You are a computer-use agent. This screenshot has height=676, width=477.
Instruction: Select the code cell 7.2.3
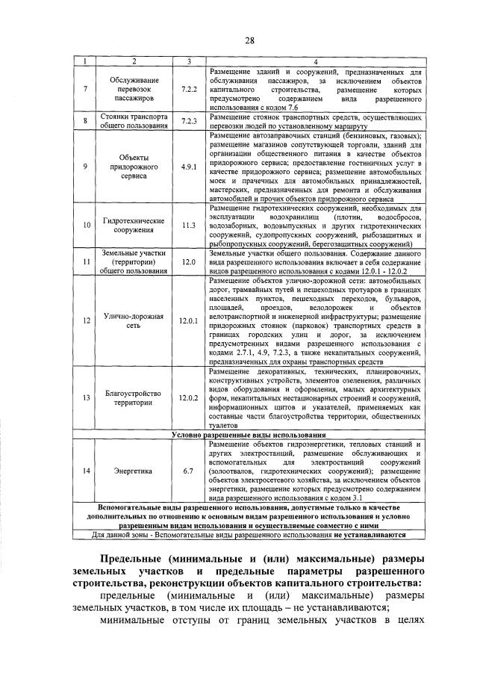tap(188, 121)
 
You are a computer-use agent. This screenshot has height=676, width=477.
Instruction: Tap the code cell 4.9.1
tap(188, 167)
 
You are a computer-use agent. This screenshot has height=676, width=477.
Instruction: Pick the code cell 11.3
tap(188, 224)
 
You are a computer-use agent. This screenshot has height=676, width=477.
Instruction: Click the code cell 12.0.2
tap(188, 398)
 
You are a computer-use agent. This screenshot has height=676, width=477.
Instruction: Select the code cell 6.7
tap(188, 471)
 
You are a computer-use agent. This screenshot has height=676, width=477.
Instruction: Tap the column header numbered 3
tap(188, 61)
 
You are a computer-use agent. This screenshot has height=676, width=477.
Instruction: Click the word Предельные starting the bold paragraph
tap(133, 560)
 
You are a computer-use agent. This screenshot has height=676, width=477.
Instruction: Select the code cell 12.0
tap(188, 262)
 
